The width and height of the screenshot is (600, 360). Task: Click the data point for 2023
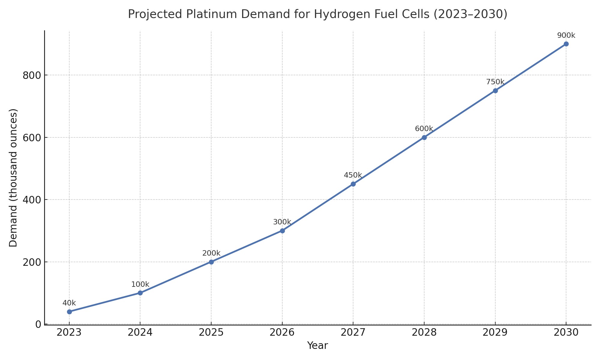point(69,312)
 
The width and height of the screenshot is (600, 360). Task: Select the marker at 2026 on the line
point(282,231)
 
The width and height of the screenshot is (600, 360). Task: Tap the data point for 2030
point(566,44)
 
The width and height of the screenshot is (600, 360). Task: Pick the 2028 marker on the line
point(424,137)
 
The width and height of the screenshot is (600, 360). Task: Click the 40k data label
point(69,303)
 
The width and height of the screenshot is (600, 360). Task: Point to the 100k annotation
point(140,285)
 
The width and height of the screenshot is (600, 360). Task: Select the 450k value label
point(353,175)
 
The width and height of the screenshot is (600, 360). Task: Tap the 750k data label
point(495,82)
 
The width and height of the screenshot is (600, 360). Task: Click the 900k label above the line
point(566,35)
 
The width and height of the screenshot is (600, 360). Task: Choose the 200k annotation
point(211,253)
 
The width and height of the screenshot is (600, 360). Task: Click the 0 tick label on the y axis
point(38,324)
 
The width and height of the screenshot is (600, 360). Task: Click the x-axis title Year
point(317,346)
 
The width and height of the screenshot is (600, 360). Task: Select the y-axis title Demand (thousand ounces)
point(13,178)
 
